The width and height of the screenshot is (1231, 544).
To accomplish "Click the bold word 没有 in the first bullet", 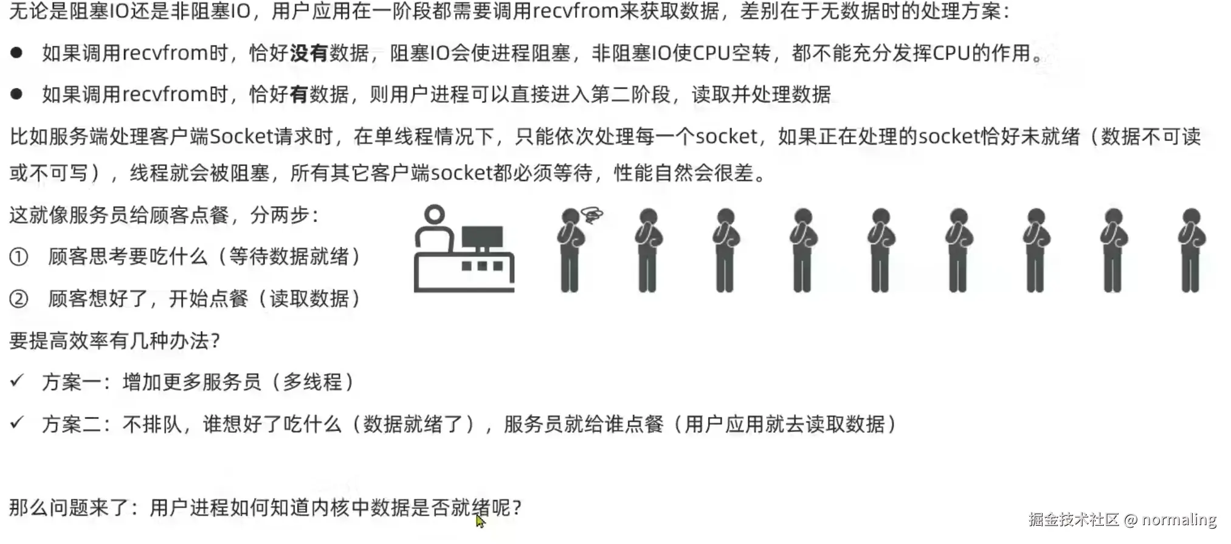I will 309,53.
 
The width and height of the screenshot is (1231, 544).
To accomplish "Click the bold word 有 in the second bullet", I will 299,95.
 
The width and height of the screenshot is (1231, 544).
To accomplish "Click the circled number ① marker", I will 19,257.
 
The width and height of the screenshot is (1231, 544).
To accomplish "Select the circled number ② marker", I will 19,299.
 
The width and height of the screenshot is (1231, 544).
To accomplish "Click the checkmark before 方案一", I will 17,382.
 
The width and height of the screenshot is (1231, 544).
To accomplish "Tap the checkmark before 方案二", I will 17,423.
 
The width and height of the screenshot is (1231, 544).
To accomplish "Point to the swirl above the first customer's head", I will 591,215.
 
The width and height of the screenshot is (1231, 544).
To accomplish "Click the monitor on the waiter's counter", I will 482,238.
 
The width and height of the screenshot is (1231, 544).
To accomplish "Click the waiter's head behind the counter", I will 434,215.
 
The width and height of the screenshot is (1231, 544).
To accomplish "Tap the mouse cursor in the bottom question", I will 480,521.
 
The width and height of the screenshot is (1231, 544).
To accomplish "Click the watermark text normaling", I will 1179,520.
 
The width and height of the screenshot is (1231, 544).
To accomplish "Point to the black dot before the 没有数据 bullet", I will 16,53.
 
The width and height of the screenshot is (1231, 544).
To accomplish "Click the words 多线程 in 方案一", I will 312,382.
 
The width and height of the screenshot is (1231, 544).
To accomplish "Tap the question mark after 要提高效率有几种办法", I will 215,341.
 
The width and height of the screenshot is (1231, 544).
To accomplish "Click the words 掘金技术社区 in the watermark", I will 1074,520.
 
